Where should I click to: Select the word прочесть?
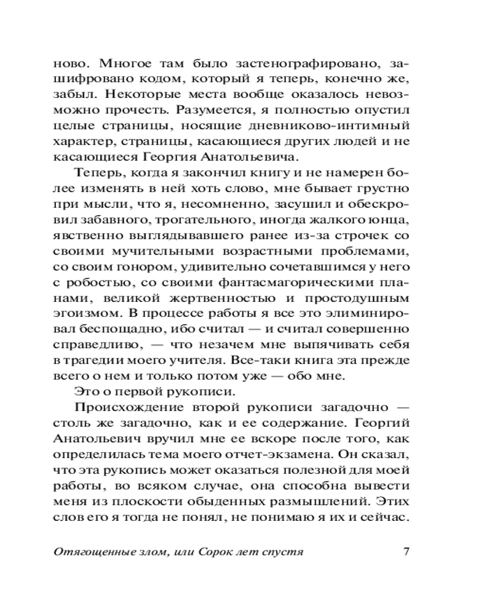tap(141, 111)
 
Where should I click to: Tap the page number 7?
tap(407, 550)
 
